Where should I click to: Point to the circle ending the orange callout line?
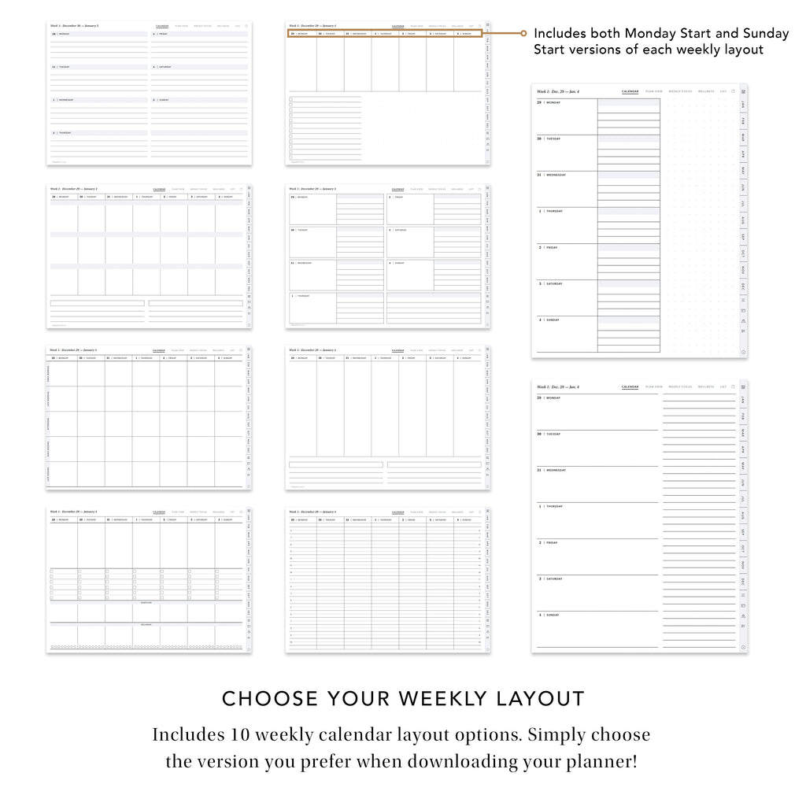[523, 34]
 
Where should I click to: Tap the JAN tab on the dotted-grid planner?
[744, 104]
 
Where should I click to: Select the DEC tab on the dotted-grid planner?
[744, 286]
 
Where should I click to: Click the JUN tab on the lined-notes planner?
[743, 482]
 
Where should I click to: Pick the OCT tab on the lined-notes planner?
[743, 549]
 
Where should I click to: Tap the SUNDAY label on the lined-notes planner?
[553, 615]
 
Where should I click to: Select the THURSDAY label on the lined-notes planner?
[555, 506]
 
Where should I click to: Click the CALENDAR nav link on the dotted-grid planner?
[630, 91]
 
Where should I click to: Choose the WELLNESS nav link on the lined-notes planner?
[705, 386]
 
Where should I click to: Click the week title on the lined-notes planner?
[558, 386]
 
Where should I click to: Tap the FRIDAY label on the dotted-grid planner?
[552, 247]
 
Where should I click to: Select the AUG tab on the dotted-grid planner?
[744, 220]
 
